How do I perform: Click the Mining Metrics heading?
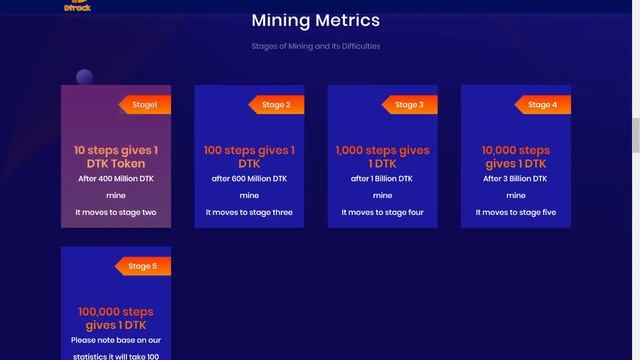pyautogui.click(x=315, y=20)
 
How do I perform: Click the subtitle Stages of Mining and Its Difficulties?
pyautogui.click(x=315, y=46)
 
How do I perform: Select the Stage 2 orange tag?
pyautogui.click(x=277, y=104)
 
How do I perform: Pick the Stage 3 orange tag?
pyautogui.click(x=409, y=104)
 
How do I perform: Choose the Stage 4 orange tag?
pyautogui.click(x=542, y=104)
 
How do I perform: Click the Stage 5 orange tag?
pyautogui.click(x=143, y=266)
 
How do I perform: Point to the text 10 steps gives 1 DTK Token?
pyautogui.click(x=116, y=156)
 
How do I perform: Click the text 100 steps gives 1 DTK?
pyautogui.click(x=249, y=156)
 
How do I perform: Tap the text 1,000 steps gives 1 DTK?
pyautogui.click(x=382, y=156)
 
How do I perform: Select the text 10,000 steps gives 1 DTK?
pyautogui.click(x=515, y=156)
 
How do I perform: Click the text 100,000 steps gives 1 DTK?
pyautogui.click(x=116, y=318)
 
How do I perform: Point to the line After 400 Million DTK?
pyautogui.click(x=116, y=179)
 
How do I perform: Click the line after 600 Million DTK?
pyautogui.click(x=249, y=179)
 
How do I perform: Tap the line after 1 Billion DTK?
pyautogui.click(x=382, y=179)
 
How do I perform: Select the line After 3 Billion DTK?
pyautogui.click(x=515, y=179)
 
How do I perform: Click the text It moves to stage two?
pyautogui.click(x=116, y=212)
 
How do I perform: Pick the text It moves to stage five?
pyautogui.click(x=515, y=212)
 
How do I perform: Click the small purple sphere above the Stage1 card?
pyautogui.click(x=84, y=77)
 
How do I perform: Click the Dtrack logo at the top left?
pyautogui.click(x=77, y=5)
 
